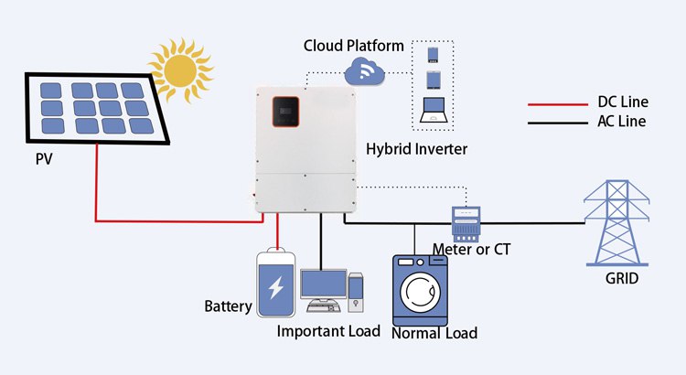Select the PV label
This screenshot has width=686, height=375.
[x=45, y=162]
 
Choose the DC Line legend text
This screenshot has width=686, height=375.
[x=621, y=102]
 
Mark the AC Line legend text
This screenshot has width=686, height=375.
[x=621, y=122]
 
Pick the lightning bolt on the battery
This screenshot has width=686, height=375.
[x=275, y=288]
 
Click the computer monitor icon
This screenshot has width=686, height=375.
[x=321, y=284]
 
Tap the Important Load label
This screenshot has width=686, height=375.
[x=328, y=330]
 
